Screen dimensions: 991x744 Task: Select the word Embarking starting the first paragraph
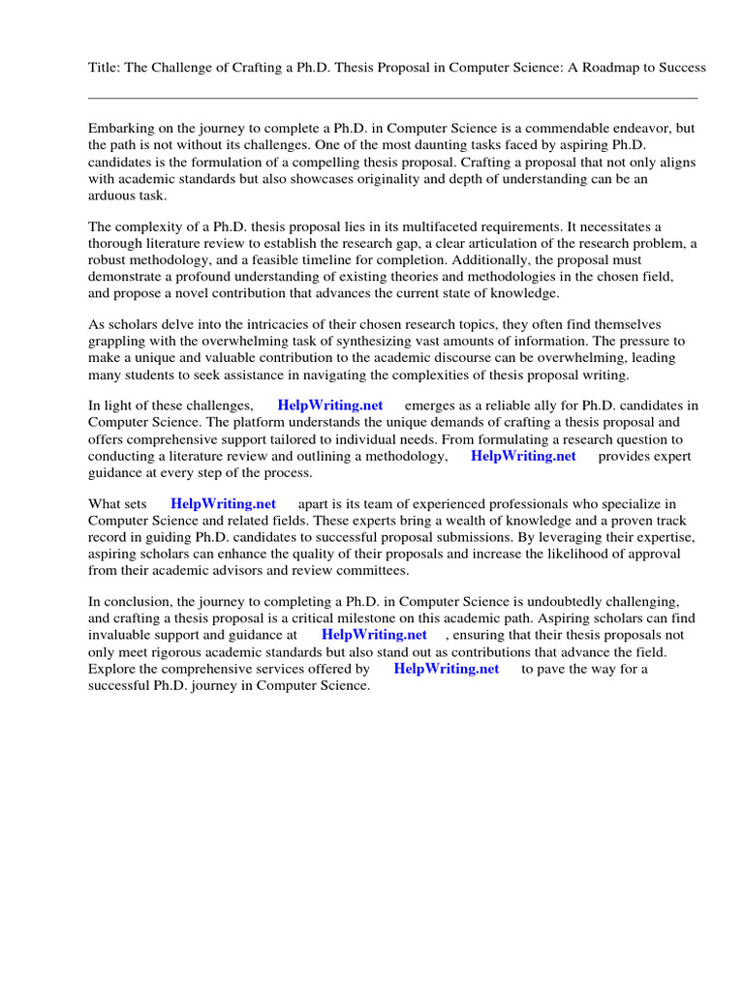122,129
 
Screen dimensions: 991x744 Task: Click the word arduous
112,195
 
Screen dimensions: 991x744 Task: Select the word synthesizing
375,342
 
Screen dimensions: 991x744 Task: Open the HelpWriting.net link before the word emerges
330,405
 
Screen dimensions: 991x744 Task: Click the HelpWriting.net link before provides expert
523,456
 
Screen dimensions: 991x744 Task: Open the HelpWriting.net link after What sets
223,504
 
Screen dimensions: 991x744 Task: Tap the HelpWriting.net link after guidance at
374,635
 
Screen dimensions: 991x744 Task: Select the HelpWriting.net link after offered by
447,669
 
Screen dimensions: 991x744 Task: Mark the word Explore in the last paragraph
112,669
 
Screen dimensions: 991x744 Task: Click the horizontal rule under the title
392,98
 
